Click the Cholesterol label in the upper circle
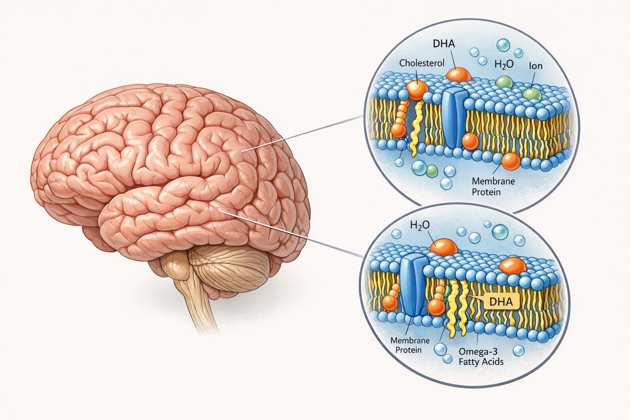422,63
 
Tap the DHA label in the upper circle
444,43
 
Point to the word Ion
536,66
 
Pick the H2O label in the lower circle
420,225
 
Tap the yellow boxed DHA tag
501,302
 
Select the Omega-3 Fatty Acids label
481,356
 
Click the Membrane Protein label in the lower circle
410,345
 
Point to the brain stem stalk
201,304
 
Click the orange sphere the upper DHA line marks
459,75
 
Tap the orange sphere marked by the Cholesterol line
417,89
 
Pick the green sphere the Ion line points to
532,94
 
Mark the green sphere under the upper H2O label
504,82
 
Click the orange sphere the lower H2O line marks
444,248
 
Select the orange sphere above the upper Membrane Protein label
511,161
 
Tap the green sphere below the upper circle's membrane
432,171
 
